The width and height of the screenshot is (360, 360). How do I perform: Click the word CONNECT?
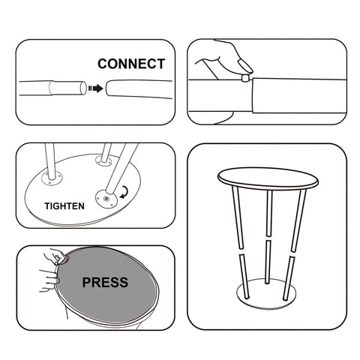click(131, 64)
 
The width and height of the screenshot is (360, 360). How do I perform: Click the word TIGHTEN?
click(64, 206)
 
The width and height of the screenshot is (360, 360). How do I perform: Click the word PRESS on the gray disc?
click(105, 283)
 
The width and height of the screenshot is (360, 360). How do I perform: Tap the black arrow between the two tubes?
click(95, 88)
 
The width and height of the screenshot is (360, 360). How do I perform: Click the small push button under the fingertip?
click(245, 77)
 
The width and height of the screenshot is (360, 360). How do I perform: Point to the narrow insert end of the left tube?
click(67, 88)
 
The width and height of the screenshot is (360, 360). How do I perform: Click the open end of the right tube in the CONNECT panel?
click(107, 88)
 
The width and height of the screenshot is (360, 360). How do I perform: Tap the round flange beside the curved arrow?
click(106, 199)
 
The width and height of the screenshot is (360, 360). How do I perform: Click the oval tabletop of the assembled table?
click(268, 178)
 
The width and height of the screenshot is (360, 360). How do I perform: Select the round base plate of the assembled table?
click(266, 293)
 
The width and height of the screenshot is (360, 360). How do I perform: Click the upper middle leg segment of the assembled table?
click(269, 213)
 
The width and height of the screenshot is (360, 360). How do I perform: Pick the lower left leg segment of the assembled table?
click(244, 277)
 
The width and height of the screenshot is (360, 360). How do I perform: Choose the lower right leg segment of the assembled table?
click(289, 278)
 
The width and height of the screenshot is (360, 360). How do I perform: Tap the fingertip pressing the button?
click(245, 66)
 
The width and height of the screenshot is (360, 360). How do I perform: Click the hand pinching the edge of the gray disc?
click(55, 257)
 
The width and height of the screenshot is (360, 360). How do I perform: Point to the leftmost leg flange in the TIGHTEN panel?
click(52, 178)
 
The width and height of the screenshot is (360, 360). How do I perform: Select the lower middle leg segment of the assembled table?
click(268, 262)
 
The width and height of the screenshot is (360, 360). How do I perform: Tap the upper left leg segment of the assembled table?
click(238, 217)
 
